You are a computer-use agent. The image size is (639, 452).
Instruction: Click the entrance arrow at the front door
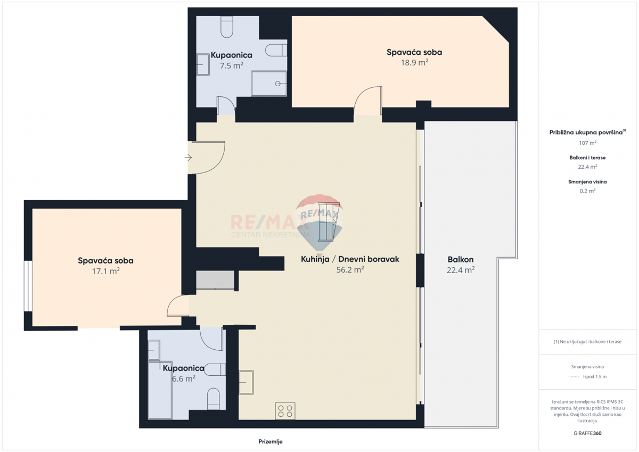coord(188,158)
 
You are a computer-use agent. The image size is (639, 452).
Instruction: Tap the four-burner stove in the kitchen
coord(285,410)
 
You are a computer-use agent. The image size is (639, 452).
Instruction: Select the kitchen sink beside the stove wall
coord(246,382)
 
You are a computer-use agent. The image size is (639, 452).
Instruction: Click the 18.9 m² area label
coord(414,62)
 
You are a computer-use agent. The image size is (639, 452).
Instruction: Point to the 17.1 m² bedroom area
coord(105,271)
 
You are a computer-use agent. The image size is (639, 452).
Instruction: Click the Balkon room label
coord(461,259)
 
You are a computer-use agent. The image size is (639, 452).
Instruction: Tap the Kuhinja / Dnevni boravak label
coord(350,259)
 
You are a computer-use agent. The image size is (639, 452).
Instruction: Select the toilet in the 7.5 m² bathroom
coord(227,27)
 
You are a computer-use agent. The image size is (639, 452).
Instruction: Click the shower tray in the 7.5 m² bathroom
coord(269,84)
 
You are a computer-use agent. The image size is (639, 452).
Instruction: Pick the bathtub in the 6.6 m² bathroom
coord(160,390)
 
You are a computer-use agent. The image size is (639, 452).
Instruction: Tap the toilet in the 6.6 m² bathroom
coord(214,399)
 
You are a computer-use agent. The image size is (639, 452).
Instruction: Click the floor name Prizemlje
coord(271,441)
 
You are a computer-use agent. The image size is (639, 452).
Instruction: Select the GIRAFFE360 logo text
coord(587,433)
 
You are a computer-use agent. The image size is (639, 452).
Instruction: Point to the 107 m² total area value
coord(587,143)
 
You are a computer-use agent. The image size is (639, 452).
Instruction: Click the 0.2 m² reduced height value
coord(587,191)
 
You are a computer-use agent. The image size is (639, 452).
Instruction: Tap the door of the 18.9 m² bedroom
coord(368,101)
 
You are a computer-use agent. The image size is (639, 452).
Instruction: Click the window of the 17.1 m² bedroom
coord(28,286)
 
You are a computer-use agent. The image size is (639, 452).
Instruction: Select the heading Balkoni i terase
coord(587,158)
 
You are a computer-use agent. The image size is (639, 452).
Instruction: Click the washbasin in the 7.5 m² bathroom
coord(203,65)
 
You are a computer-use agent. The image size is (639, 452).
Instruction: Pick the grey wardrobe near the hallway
coord(215,280)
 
